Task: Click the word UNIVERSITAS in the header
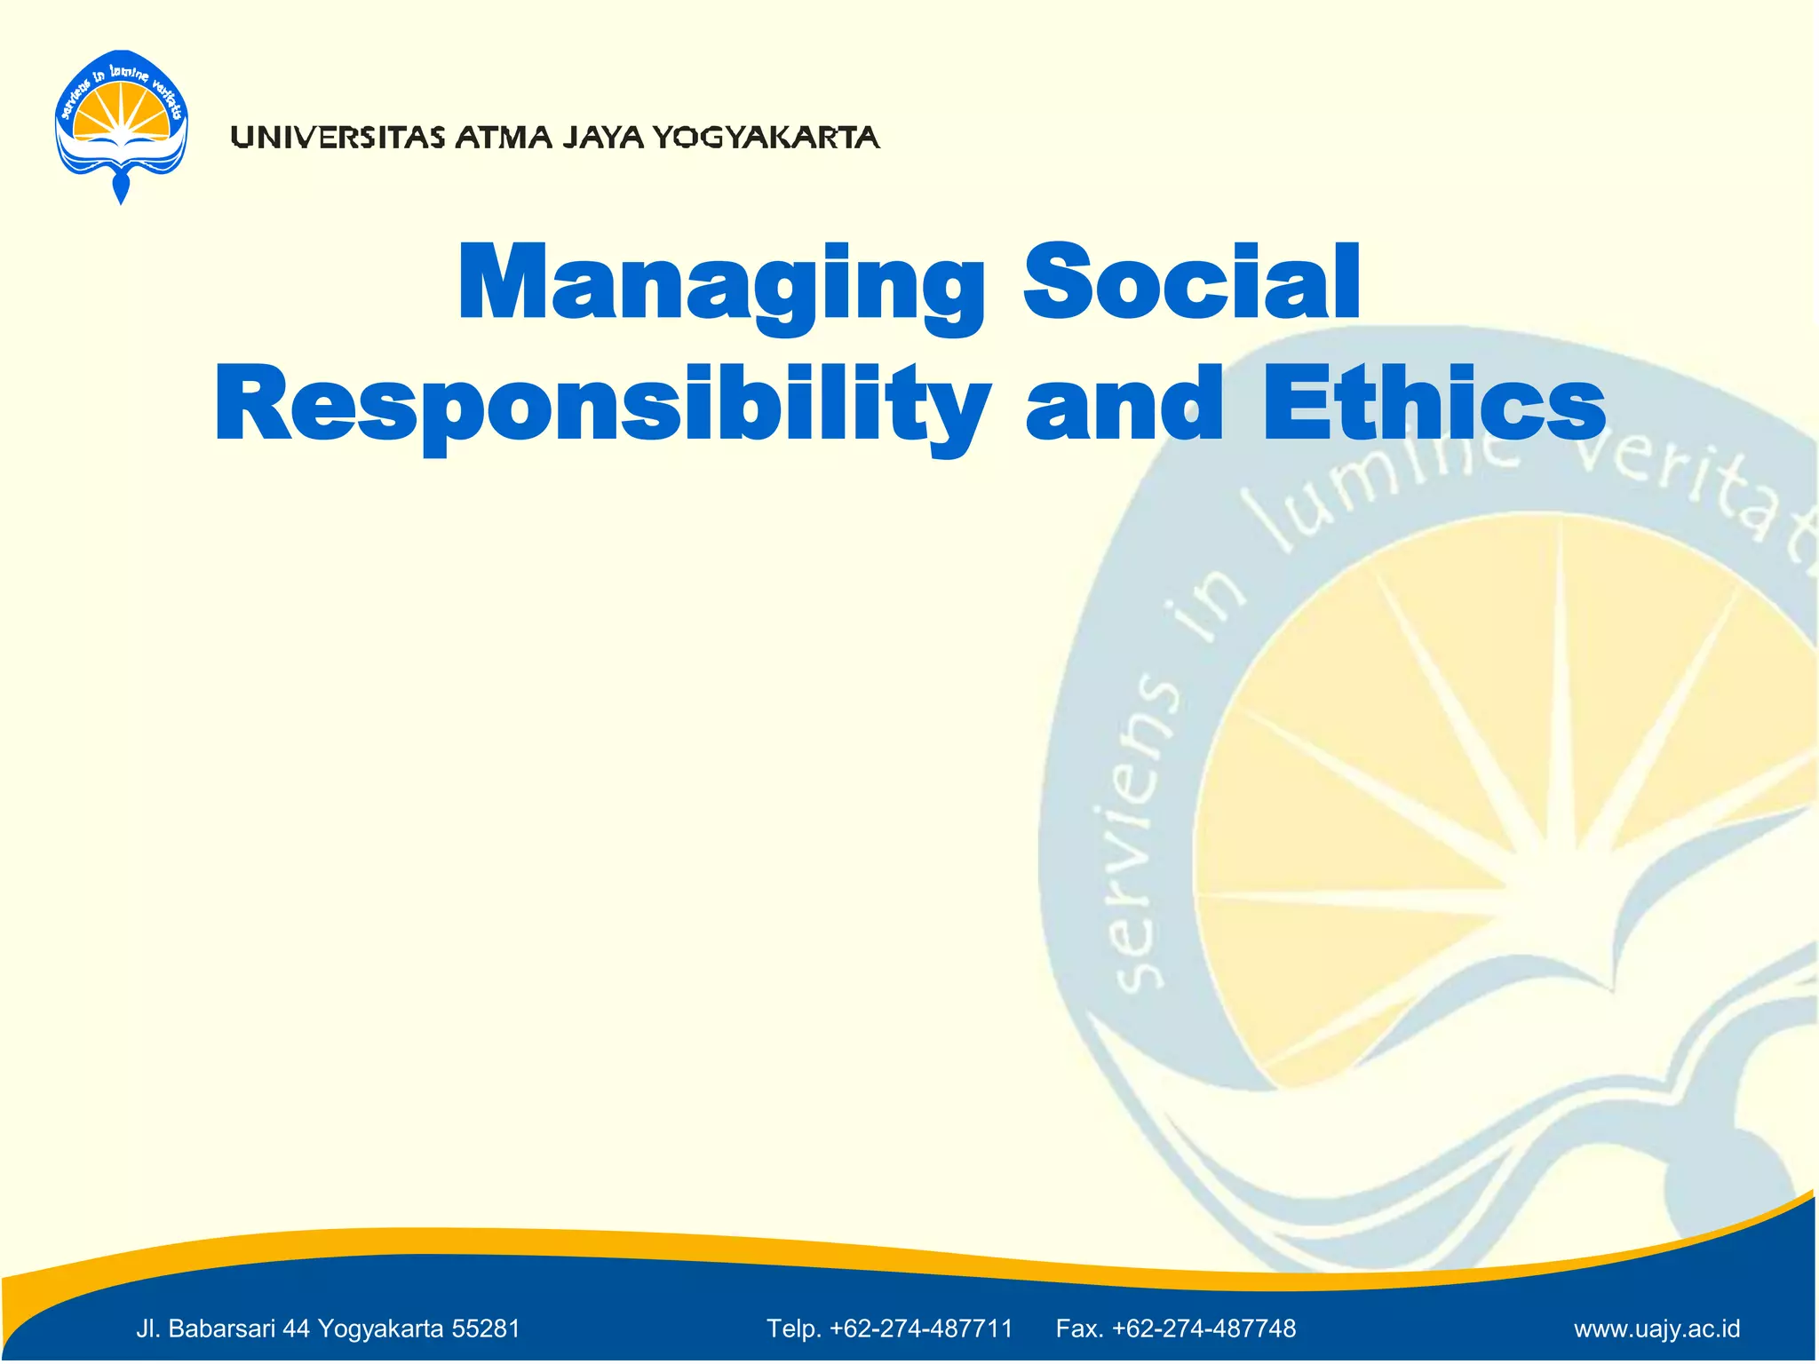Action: (x=338, y=138)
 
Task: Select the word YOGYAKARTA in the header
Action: (x=766, y=138)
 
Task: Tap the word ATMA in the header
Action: (x=504, y=138)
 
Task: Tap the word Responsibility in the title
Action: (x=602, y=407)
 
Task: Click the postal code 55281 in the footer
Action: (x=486, y=1328)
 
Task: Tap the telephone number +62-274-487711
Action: (x=921, y=1328)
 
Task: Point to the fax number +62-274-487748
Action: (x=1203, y=1328)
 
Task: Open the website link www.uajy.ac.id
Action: (x=1656, y=1329)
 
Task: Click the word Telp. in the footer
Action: (x=794, y=1328)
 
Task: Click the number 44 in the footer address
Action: (x=297, y=1328)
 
